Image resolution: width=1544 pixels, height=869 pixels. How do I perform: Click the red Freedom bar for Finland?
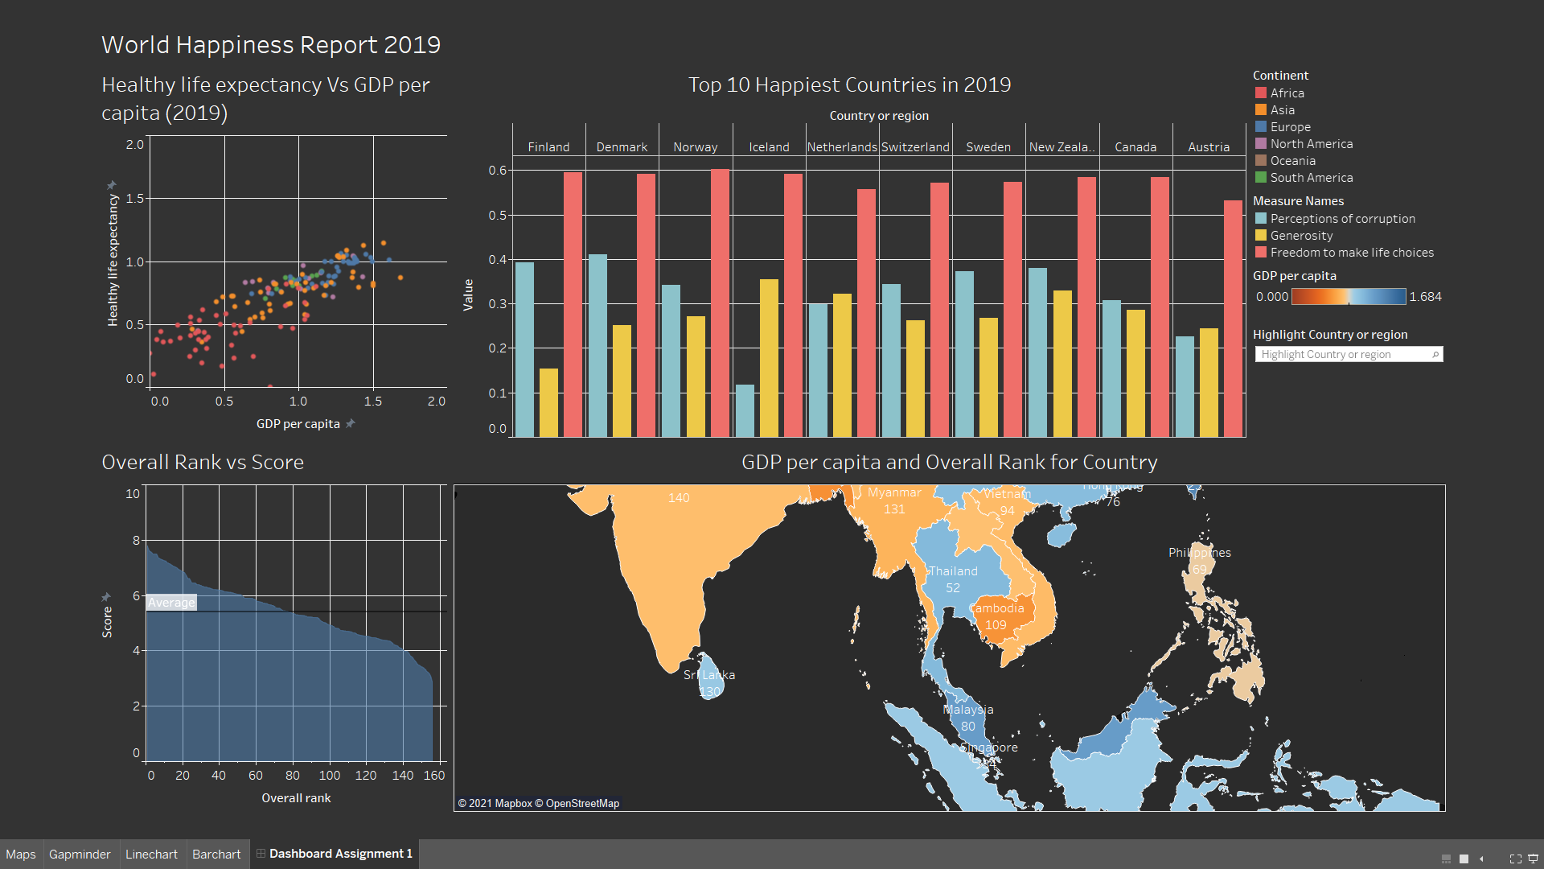pos(573,306)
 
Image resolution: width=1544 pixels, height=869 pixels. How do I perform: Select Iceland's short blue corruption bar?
pos(745,411)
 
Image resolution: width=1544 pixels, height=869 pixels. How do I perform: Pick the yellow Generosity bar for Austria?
pos(1209,383)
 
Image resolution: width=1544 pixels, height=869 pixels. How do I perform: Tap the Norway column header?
pos(695,147)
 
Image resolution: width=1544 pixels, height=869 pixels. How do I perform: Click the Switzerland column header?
pos(915,147)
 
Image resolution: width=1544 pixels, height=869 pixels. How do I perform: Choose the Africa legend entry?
pos(1287,93)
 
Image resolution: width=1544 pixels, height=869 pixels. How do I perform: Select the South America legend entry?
pos(1311,178)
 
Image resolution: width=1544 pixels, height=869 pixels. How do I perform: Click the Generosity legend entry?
pos(1301,236)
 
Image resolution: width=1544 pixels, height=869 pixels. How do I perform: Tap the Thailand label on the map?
pos(953,571)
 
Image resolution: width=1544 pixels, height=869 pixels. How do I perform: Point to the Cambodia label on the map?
pos(997,608)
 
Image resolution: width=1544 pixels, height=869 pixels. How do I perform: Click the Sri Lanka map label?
pos(709,675)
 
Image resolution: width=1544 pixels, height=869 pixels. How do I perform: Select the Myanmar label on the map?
pos(894,492)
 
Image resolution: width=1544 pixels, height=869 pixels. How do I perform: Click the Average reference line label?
pos(171,603)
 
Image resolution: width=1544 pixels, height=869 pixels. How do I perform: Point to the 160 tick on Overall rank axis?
pos(434,776)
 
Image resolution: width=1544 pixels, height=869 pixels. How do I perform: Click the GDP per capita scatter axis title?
pos(298,424)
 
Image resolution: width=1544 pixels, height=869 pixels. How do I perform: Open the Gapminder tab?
pos(80,854)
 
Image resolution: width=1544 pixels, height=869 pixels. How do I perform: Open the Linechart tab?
pos(151,854)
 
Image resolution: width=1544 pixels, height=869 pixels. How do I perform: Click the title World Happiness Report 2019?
pos(271,45)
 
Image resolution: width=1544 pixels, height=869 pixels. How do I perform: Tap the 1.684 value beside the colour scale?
pos(1425,297)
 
